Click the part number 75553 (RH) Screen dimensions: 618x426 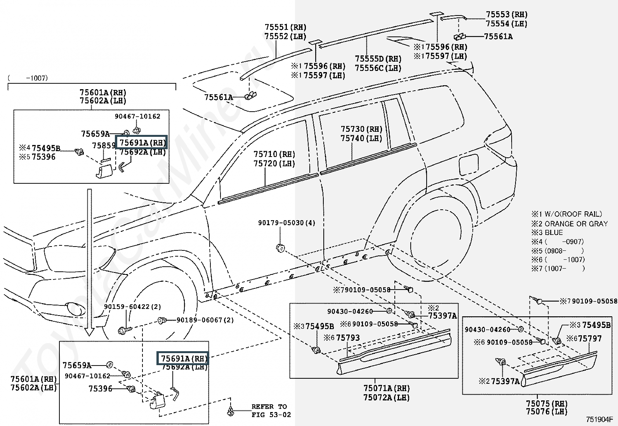[507, 15]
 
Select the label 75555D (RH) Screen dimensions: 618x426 [378, 59]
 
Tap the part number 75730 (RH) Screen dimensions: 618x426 [361, 129]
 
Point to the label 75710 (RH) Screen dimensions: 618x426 [274, 154]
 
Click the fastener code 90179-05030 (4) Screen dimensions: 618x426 [286, 222]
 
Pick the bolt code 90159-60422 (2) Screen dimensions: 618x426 [132, 307]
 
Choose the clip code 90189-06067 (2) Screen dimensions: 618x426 [205, 320]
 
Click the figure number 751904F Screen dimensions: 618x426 [599, 419]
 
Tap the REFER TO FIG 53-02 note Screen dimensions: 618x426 [271, 410]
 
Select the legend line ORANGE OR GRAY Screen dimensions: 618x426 [576, 224]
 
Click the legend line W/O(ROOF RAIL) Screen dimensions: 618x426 [573, 214]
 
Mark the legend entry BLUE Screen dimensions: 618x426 [554, 233]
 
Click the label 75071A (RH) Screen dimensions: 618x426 [387, 388]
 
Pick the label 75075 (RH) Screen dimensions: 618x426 [547, 404]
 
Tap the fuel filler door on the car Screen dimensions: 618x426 [469, 164]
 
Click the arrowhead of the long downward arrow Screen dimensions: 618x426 [89, 332]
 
